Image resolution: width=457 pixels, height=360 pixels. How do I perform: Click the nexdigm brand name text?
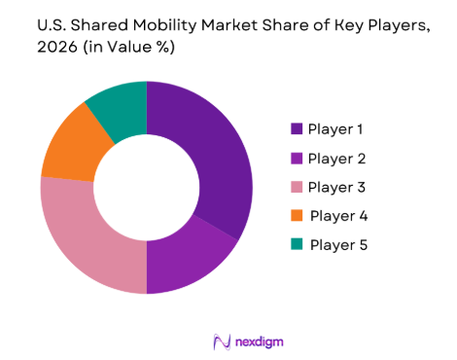[258, 342]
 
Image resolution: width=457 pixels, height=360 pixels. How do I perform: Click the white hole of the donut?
[146, 187]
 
